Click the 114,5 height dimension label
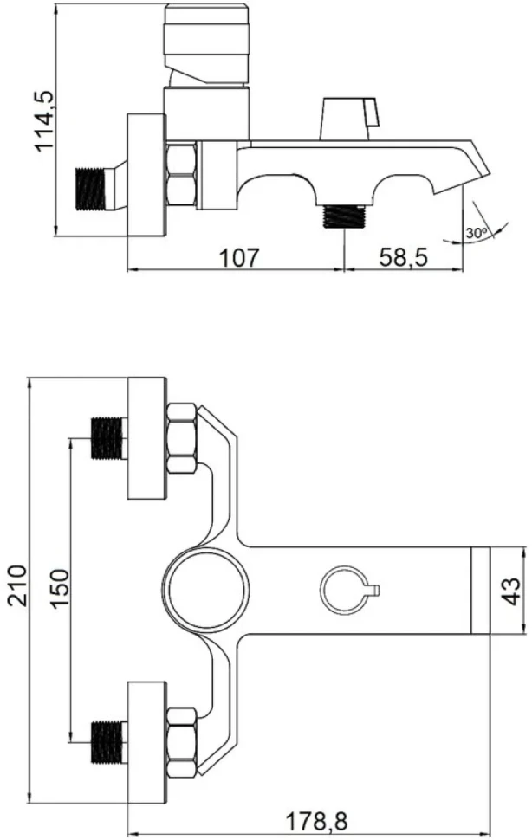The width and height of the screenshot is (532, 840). coord(44,120)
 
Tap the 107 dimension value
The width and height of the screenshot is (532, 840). coord(239,258)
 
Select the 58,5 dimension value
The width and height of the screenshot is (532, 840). coord(404,258)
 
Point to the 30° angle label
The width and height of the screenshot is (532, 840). coord(476,234)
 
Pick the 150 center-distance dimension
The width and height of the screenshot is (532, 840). coord(60,588)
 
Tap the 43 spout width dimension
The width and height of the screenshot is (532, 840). coord(512,591)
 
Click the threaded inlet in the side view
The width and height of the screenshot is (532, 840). coord(91,189)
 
